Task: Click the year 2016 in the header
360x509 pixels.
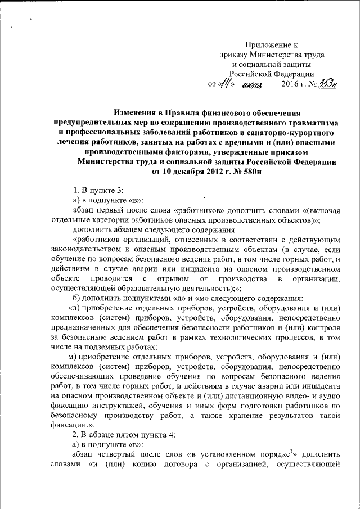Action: (x=291, y=84)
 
